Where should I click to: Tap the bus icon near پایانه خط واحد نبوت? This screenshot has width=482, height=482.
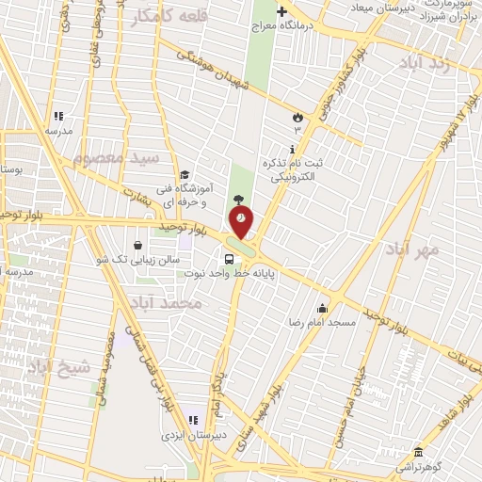point(229,260)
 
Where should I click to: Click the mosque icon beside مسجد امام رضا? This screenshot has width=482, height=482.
point(322,308)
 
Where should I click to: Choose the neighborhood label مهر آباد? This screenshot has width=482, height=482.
point(412,250)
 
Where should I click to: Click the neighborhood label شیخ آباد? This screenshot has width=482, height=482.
point(56,365)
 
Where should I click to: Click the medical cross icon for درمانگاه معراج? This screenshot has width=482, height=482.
point(281,12)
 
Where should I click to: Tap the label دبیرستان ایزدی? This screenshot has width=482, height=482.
point(188,436)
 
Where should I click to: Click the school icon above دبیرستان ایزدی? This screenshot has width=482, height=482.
point(193,420)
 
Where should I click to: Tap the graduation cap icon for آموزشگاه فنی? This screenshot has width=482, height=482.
point(185,175)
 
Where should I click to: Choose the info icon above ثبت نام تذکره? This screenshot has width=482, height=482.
point(293,149)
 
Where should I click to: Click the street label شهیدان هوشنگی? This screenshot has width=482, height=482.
point(225,72)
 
